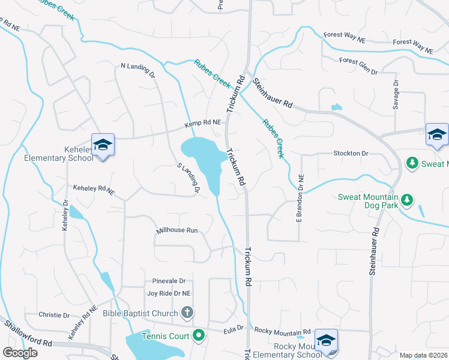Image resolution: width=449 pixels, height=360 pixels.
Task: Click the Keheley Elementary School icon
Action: tap(103, 144)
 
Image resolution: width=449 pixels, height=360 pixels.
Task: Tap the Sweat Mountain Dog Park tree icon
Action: tap(407, 199)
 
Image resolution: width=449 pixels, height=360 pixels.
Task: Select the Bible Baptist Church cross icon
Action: tap(187, 312)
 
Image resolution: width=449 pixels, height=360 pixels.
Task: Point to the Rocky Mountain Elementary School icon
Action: tap(325, 340)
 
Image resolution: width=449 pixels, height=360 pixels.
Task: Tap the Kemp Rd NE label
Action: tap(202, 123)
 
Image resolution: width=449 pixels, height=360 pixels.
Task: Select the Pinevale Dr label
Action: tap(169, 281)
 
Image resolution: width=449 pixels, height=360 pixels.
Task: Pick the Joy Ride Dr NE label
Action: tap(169, 293)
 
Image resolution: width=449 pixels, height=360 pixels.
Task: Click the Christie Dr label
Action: tap(54, 315)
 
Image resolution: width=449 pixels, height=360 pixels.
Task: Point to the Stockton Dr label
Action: tap(351, 154)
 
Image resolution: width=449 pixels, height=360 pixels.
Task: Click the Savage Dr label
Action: tap(396, 95)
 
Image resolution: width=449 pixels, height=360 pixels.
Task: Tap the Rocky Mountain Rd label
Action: tap(282, 331)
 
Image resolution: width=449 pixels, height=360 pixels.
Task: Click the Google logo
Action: tap(20, 353)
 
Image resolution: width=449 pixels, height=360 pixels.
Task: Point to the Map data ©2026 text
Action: tap(423, 355)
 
